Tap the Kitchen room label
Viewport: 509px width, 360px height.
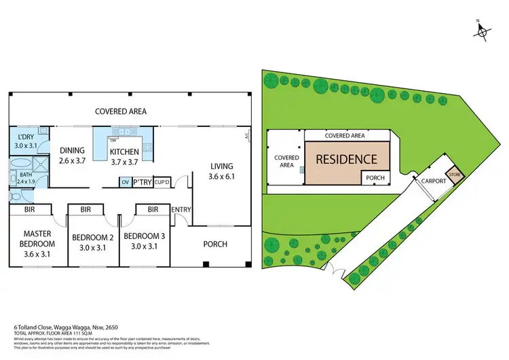point(125,156)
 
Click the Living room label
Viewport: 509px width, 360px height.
point(221,170)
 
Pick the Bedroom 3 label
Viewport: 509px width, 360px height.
point(141,242)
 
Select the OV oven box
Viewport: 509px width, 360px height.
point(125,182)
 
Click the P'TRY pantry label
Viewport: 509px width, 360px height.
point(142,182)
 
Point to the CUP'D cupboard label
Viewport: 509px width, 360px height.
point(162,182)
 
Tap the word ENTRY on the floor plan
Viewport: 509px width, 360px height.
point(181,209)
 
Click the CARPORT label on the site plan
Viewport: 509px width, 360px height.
point(434,182)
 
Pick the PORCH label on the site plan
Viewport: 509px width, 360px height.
point(375,178)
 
